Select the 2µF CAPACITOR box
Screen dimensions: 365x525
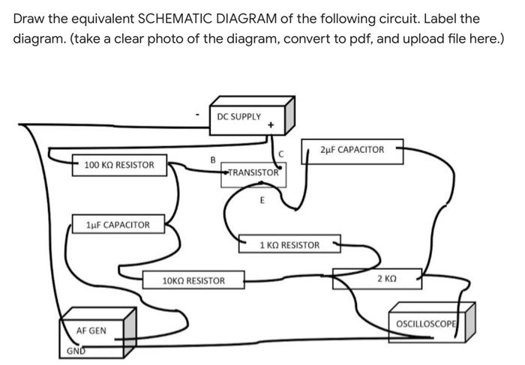click(352, 150)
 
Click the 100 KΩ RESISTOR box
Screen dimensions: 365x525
click(119, 165)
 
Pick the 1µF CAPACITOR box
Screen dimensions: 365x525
click(118, 224)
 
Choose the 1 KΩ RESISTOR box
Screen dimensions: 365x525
click(289, 245)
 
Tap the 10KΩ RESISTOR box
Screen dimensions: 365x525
click(193, 281)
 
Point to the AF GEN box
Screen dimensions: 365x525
click(91, 331)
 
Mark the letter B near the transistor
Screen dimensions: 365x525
click(212, 159)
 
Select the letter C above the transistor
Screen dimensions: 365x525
click(280, 154)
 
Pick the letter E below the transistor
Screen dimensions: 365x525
click(262, 200)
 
